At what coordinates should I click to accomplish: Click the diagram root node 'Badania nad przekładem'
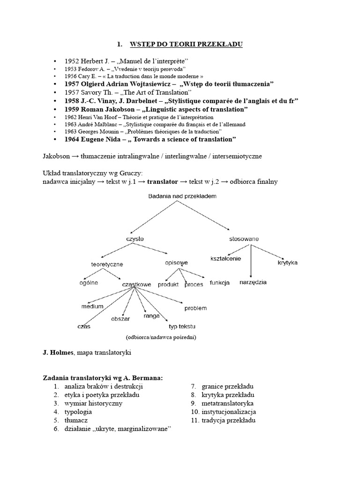182,196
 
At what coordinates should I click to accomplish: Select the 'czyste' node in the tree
135,239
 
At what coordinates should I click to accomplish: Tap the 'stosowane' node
244,239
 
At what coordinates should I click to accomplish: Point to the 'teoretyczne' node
106,264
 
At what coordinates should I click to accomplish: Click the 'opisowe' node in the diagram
176,262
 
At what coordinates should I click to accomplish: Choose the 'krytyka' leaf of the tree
287,262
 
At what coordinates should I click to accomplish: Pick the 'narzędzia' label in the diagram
253,282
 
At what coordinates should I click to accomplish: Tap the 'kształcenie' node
225,259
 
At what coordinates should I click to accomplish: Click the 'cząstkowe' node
136,285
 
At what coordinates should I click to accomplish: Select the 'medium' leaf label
92,307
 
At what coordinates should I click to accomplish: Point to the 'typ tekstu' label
182,326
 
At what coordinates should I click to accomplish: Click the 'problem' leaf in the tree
195,308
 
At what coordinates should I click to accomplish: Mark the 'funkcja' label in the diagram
219,283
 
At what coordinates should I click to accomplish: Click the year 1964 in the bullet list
73,139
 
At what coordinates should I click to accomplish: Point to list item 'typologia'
78,412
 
